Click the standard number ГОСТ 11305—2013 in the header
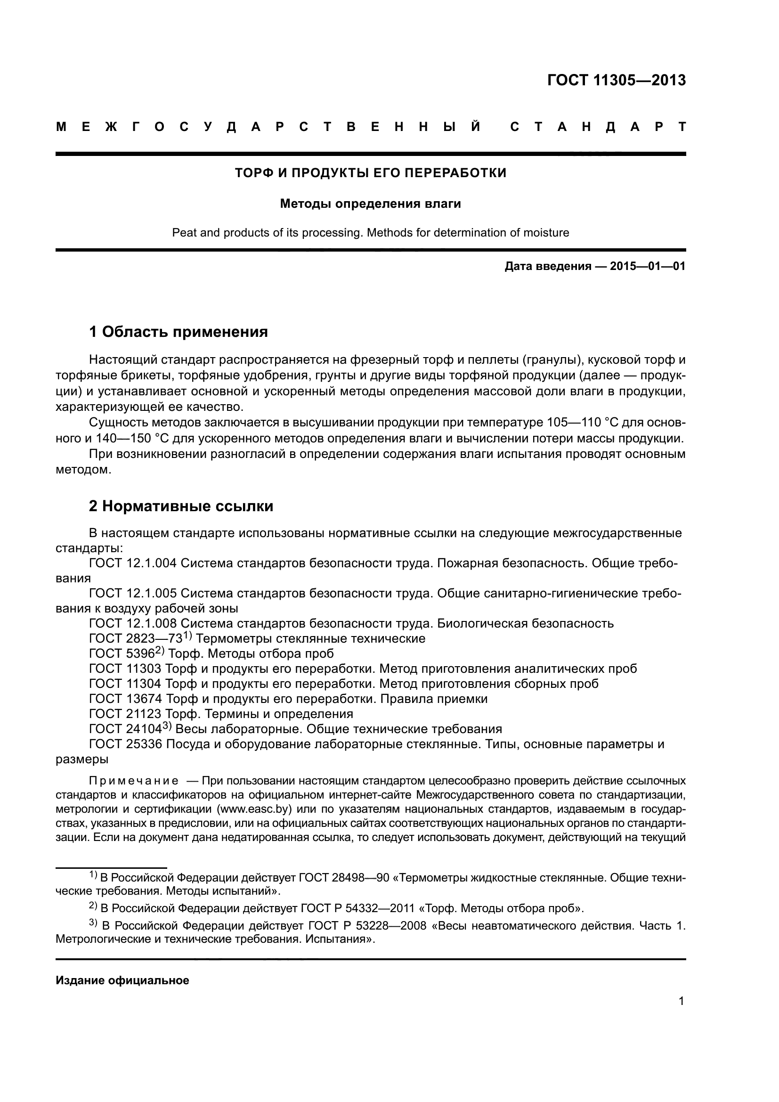point(617,80)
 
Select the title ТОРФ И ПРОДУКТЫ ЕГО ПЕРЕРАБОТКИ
point(370,173)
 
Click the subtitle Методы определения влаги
point(370,204)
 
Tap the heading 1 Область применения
point(179,332)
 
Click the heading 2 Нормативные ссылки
point(181,506)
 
